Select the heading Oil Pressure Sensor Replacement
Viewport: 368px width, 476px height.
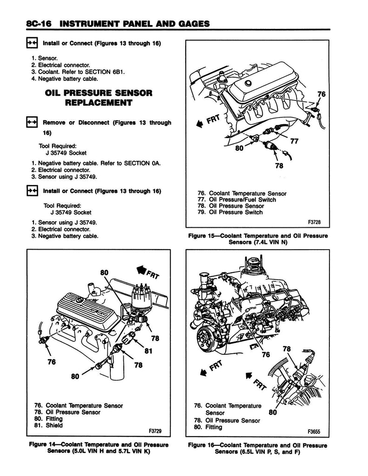(x=99, y=98)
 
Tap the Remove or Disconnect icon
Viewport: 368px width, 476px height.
(x=32, y=123)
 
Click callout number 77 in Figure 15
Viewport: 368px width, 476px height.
(x=294, y=142)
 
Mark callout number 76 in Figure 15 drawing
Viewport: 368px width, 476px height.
(x=321, y=94)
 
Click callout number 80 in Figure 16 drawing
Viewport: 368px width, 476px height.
(x=274, y=411)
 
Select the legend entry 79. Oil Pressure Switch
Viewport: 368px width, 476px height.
(x=230, y=212)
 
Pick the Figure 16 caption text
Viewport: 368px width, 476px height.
(x=257, y=448)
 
